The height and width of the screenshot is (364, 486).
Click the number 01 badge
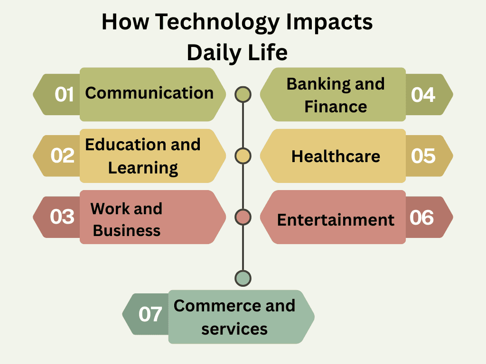(64, 94)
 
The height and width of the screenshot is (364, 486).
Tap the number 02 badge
(63, 155)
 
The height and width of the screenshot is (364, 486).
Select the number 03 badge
(63, 217)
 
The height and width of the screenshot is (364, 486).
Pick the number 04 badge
(423, 94)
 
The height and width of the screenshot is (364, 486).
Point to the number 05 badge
(423, 155)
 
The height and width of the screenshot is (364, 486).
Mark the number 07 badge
(150, 314)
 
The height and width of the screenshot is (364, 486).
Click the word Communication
(149, 93)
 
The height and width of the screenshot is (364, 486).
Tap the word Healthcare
(336, 156)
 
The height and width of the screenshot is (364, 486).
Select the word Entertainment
(336, 220)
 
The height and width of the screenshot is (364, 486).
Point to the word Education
(124, 145)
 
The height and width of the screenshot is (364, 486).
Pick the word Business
(127, 230)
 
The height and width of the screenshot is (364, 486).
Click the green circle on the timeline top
(243, 95)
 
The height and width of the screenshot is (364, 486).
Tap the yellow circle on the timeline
(243, 155)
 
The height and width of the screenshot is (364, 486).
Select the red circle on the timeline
(243, 217)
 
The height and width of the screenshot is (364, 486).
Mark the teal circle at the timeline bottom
(243, 278)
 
